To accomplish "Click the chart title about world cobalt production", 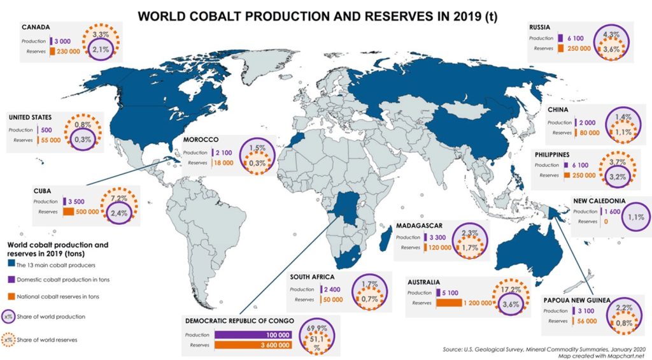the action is tap(317, 16).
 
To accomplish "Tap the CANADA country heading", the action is tap(36, 27).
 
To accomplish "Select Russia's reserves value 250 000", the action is tap(578, 48).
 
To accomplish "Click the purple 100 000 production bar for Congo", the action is tap(253, 335).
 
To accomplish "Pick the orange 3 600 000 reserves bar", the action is tap(253, 345).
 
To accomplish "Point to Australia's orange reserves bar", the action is tap(449, 303).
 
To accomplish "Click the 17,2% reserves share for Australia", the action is tap(511, 290).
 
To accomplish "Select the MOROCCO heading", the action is tap(201, 140).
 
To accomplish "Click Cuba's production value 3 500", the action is tap(76, 201).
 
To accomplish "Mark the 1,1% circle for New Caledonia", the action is tap(636, 217).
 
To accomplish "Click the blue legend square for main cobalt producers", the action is tap(11, 264).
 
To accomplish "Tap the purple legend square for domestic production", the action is tap(11, 279).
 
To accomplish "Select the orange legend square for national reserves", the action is tap(11, 296).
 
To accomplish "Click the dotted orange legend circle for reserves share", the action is tap(8, 340).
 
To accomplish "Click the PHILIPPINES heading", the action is tap(552, 155).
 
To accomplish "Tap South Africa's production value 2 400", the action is tap(332, 290).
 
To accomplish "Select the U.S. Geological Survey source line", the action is tap(544, 349).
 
